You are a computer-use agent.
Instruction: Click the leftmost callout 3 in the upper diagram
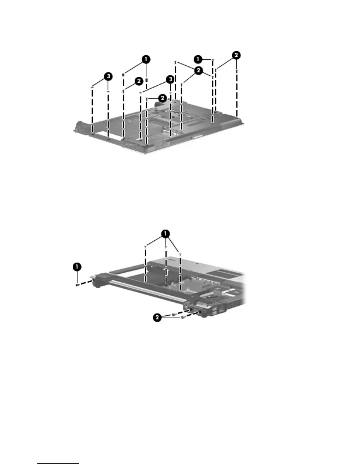pos(109,76)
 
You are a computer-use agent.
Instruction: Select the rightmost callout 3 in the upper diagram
pos(169,79)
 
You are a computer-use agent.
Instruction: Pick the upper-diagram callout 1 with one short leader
pos(198,59)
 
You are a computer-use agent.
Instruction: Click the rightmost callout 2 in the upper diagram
pos(236,55)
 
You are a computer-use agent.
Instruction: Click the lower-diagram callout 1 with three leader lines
pos(166,234)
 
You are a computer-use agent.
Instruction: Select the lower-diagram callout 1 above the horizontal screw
pos(77,267)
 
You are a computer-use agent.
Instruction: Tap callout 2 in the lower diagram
pos(158,317)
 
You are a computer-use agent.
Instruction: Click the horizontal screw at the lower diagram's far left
pos(77,284)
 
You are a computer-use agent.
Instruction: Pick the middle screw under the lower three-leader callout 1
pos(166,248)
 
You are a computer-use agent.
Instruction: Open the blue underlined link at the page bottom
pos(58,463)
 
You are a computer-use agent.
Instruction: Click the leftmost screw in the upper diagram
pos(92,87)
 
